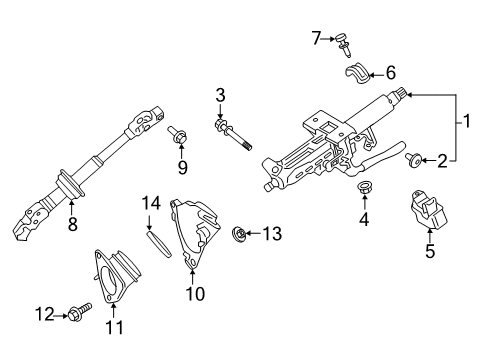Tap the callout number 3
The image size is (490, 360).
(x=221, y=97)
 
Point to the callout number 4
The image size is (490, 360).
(x=365, y=219)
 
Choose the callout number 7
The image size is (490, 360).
(x=316, y=38)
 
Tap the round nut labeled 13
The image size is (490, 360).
(x=240, y=234)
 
